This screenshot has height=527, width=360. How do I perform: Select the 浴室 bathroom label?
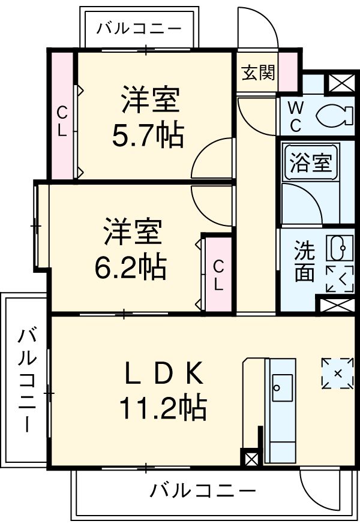pos(310,163)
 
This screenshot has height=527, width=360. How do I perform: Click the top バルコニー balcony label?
pos(139,28)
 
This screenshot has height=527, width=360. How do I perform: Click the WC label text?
pos(295,116)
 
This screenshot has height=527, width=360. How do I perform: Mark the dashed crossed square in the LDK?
pos(337,373)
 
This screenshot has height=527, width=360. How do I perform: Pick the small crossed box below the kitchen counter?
pos(251,460)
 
